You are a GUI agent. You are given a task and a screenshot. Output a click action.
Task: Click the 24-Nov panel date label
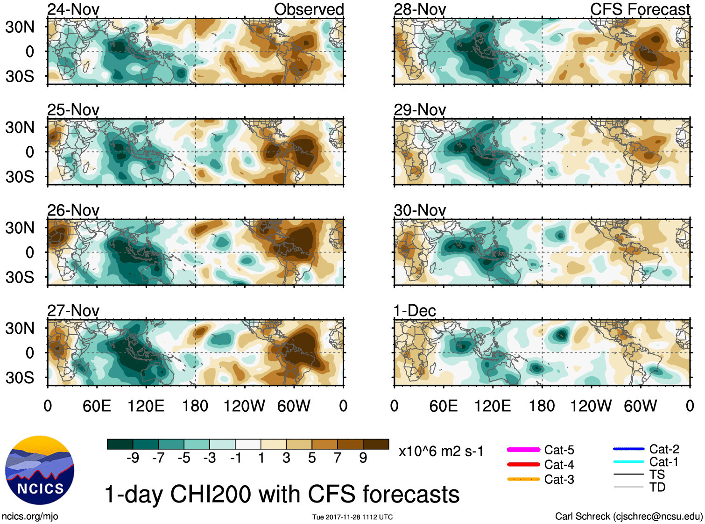[73, 9]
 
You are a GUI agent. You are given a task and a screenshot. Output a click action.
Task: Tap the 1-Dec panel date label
[415, 311]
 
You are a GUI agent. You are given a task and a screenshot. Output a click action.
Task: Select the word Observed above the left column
[309, 9]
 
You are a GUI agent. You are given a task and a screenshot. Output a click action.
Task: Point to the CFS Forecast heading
[640, 9]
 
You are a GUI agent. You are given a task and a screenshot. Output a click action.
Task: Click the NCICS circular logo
[40, 470]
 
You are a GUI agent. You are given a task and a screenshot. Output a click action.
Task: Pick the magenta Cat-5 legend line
[523, 450]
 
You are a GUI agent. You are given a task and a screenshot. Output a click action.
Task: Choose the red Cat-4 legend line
[523, 465]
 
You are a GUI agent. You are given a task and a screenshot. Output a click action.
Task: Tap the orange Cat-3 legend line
[523, 479]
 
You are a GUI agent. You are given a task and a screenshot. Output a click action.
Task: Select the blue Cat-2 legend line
[628, 449]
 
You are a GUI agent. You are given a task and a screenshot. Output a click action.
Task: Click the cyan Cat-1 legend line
[628, 462]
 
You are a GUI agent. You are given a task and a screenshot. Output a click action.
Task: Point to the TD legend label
[657, 488]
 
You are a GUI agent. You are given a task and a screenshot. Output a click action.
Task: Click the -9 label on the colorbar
[133, 458]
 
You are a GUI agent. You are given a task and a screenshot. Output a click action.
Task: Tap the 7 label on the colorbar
[338, 458]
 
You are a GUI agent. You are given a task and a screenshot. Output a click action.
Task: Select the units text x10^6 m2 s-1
[441, 452]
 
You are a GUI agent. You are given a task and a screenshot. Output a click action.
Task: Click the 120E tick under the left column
[146, 406]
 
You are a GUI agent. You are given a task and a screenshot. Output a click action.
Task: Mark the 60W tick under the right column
[640, 406]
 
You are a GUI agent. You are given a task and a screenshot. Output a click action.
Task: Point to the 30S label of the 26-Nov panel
[20, 277]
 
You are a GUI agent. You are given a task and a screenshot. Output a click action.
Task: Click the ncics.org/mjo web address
[30, 517]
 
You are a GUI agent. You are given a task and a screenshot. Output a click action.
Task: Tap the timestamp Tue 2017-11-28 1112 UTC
[352, 517]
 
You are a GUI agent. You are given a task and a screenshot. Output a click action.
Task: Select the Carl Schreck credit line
[628, 517]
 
